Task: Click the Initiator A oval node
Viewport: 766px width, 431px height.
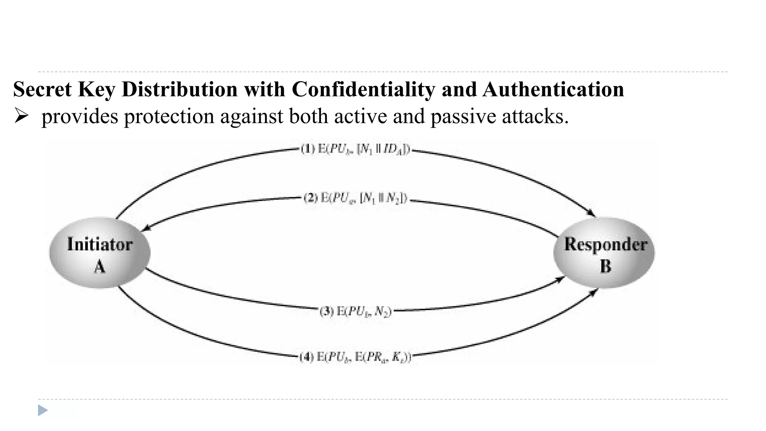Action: (100, 253)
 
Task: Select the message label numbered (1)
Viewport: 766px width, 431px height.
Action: (356, 149)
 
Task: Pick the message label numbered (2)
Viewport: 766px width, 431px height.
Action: (355, 198)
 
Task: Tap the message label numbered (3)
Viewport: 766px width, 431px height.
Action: (356, 311)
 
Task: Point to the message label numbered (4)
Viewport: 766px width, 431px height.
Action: (356, 357)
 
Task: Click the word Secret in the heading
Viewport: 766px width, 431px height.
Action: (42, 90)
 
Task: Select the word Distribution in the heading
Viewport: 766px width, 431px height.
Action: (180, 90)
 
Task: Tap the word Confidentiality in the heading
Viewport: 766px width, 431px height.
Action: (363, 90)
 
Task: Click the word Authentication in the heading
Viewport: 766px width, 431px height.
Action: (553, 90)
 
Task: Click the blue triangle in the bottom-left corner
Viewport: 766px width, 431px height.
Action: (43, 410)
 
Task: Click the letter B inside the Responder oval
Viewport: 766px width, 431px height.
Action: (605, 267)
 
